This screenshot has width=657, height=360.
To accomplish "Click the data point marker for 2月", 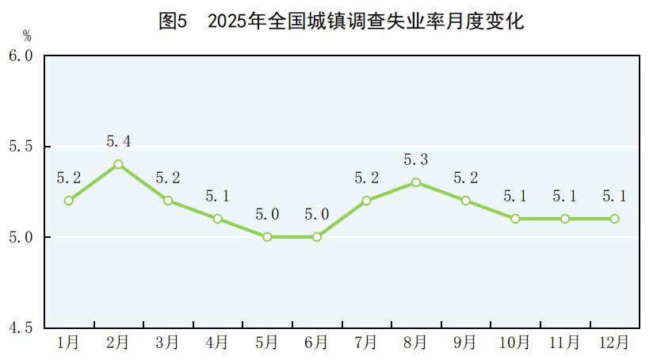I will pyautogui.click(x=118, y=164).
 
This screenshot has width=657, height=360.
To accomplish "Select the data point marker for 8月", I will pyautogui.click(x=416, y=182).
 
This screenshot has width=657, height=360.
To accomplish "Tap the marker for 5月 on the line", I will pyautogui.click(x=267, y=237).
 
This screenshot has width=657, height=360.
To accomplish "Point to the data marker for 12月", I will pyautogui.click(x=614, y=219).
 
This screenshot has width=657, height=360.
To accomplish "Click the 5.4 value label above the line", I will pyautogui.click(x=118, y=142).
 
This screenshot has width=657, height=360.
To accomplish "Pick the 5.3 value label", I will pyautogui.click(x=416, y=160).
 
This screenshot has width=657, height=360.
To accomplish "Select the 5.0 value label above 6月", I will pyautogui.click(x=317, y=214).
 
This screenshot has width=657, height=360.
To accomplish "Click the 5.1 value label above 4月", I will pyautogui.click(x=217, y=196).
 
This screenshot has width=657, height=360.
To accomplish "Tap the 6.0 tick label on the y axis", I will pyautogui.click(x=21, y=56).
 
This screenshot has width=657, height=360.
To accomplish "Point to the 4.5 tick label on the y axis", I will pyautogui.click(x=21, y=327).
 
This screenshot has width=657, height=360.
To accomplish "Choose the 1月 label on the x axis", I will pyautogui.click(x=69, y=343).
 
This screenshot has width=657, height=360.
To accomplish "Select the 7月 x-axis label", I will pyautogui.click(x=366, y=343).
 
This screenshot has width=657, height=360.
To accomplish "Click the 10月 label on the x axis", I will pyautogui.click(x=515, y=343).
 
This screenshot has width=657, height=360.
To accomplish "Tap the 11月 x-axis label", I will pyautogui.click(x=564, y=343).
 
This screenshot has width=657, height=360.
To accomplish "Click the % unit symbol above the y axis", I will pyautogui.click(x=26, y=36).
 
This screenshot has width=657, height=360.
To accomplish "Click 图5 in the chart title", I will pyautogui.click(x=172, y=21).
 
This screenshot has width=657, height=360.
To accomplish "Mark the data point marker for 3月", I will pyautogui.click(x=168, y=201).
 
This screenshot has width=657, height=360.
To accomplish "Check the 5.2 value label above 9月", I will pyautogui.click(x=466, y=178).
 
